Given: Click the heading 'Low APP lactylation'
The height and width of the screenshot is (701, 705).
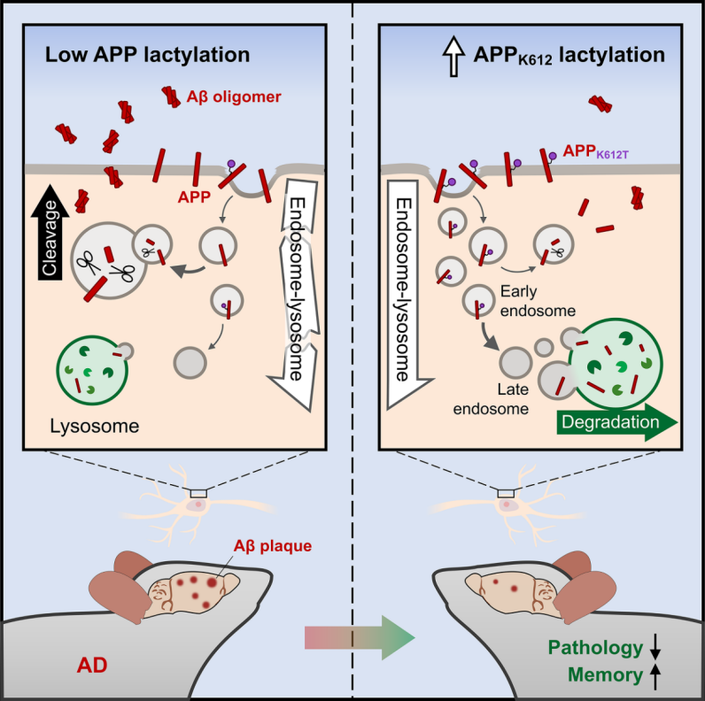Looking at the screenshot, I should [x=148, y=55].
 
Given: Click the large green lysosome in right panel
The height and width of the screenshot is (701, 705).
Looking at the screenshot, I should [x=617, y=363].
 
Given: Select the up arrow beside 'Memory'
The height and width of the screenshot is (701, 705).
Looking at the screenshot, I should [x=655, y=675].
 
